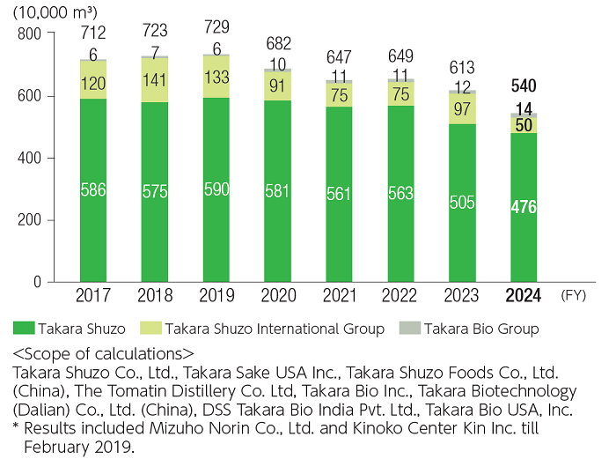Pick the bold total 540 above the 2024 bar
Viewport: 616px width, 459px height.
pos(524,86)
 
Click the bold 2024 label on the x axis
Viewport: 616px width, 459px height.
pos(524,296)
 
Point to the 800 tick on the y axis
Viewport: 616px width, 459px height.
pos(30,33)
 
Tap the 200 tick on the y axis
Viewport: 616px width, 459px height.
pos(30,220)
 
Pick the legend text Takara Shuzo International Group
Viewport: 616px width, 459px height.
pos(274,329)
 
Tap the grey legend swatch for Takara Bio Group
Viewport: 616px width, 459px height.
pos(412,329)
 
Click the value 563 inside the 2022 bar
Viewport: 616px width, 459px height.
pos(400,193)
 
